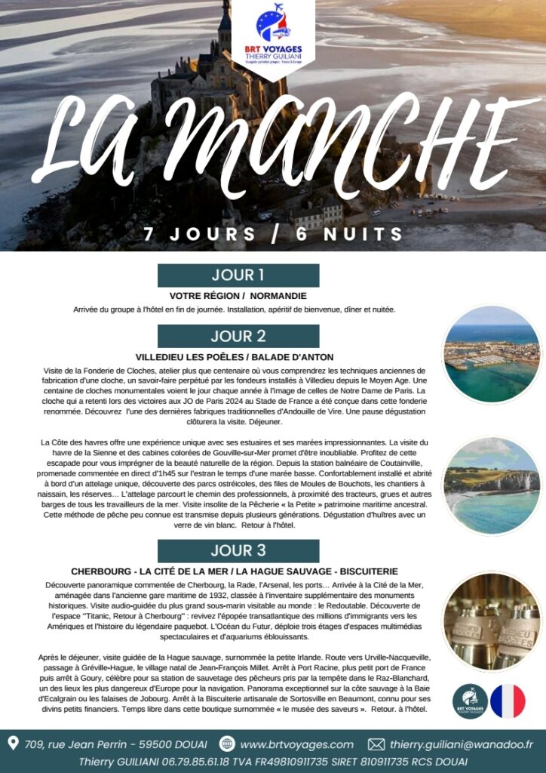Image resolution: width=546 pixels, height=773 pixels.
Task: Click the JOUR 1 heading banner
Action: (x=238, y=275)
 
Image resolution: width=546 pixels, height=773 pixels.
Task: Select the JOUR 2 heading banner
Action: (x=238, y=336)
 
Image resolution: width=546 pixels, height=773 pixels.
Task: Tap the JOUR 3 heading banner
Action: (x=238, y=550)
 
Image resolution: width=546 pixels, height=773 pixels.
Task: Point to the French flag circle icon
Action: (x=508, y=701)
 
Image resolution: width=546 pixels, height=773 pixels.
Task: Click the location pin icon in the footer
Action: (x=13, y=744)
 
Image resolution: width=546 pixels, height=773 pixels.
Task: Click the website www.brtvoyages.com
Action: (x=296, y=744)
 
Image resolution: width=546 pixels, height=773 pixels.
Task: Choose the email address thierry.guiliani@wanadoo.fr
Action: (x=462, y=744)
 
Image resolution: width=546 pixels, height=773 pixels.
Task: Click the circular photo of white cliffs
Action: (x=491, y=485)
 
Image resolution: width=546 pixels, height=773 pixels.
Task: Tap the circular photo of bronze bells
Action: (x=491, y=621)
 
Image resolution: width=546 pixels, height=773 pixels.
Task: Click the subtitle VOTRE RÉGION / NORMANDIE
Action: (x=238, y=296)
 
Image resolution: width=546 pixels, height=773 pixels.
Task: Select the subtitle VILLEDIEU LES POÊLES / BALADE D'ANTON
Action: (x=235, y=357)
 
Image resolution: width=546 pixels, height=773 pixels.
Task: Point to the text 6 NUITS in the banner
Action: (x=350, y=233)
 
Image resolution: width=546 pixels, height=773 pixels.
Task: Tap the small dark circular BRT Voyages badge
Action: (x=470, y=701)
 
